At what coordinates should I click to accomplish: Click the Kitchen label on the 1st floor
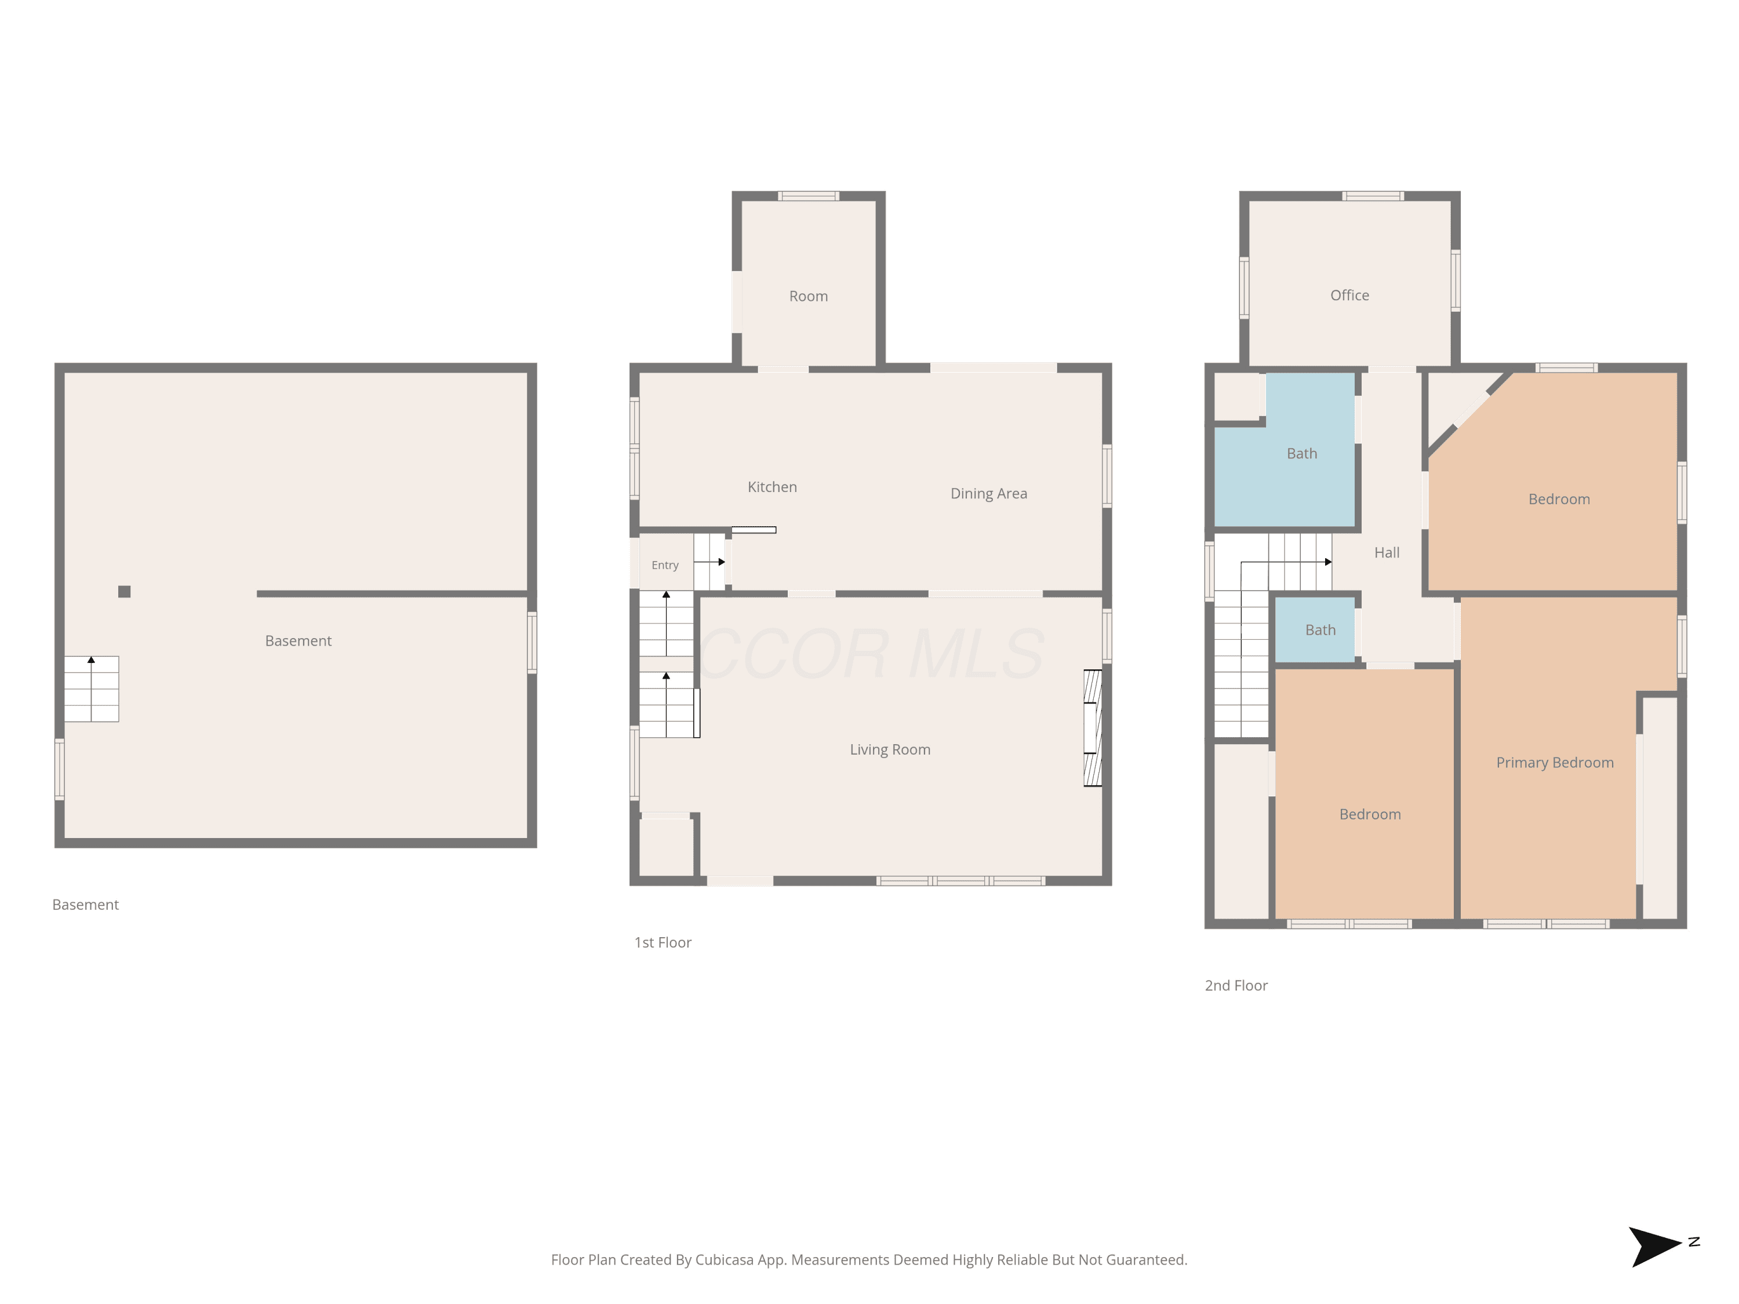[x=772, y=487]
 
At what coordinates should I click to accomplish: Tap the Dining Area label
[x=988, y=494]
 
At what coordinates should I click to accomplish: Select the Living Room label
[x=890, y=750]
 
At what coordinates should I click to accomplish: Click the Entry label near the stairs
[x=665, y=565]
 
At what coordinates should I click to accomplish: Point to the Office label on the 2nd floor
[x=1349, y=296]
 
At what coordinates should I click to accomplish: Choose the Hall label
[x=1387, y=552]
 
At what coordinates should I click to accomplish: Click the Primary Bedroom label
[x=1554, y=763]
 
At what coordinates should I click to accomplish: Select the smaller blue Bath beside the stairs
[x=1315, y=629]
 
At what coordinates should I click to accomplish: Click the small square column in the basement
[x=124, y=592]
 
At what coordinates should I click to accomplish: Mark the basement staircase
[x=91, y=689]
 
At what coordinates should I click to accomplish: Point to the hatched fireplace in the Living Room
[x=1093, y=728]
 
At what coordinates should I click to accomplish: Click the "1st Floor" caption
[x=663, y=942]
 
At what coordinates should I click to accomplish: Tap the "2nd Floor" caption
[x=1236, y=986]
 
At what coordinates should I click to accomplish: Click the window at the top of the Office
[x=1373, y=196]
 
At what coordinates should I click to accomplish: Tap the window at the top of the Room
[x=808, y=196]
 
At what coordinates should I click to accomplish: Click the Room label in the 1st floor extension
[x=808, y=296]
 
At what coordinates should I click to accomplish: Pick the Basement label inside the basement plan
[x=298, y=642]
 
